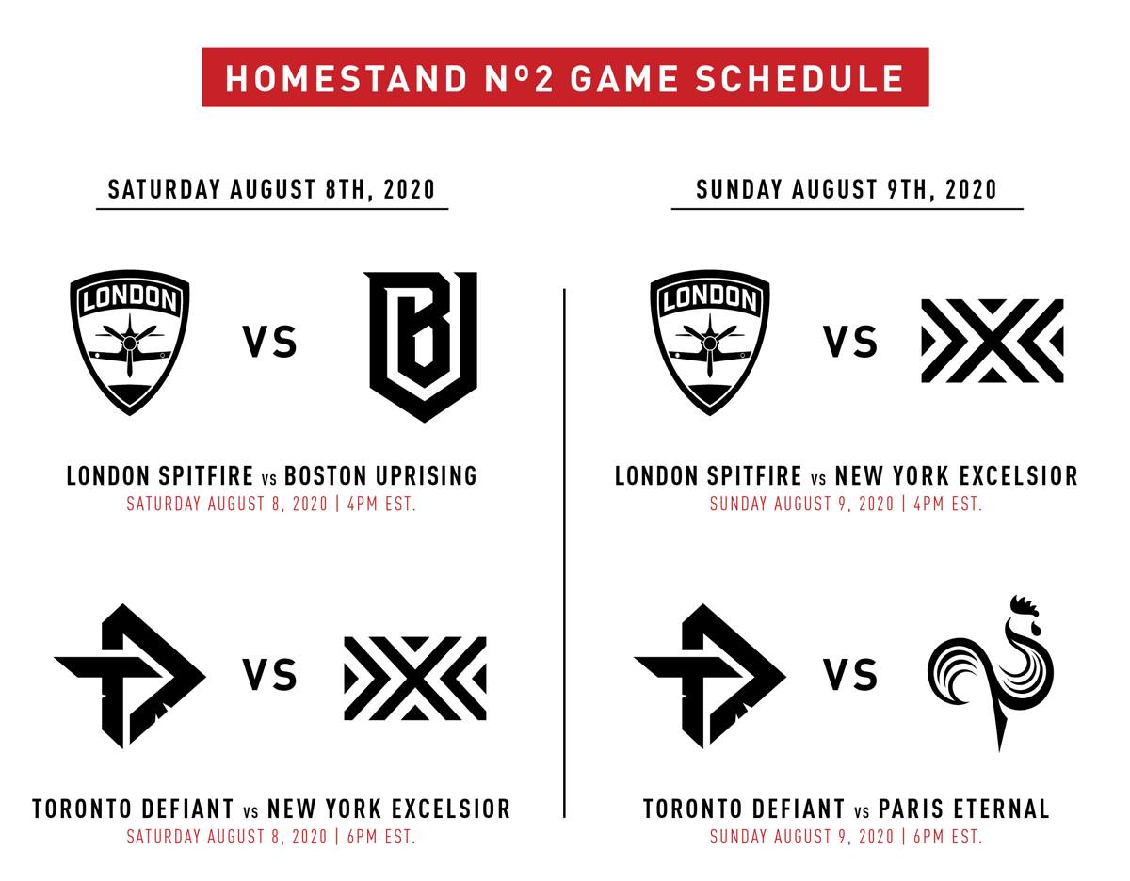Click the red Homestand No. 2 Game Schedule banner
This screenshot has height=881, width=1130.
click(565, 77)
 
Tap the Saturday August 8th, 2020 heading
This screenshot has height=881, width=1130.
click(271, 189)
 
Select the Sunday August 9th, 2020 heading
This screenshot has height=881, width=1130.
click(847, 189)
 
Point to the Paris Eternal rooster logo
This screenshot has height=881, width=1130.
click(990, 674)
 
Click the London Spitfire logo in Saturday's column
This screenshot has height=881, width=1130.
click(130, 343)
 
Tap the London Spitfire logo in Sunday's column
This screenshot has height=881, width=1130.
click(709, 343)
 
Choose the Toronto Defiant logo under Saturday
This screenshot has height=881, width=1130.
click(130, 676)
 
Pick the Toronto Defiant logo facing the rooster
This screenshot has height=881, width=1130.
click(710, 676)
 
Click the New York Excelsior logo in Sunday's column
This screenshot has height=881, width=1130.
click(993, 341)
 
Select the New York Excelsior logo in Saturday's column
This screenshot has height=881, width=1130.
click(415, 679)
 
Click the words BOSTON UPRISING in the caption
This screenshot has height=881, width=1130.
click(380, 476)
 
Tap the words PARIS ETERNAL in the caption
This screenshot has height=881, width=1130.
click(963, 809)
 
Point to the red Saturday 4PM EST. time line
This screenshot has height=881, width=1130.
click(271, 505)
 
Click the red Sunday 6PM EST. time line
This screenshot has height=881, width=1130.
click(846, 838)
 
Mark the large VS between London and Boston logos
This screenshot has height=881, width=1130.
click(270, 342)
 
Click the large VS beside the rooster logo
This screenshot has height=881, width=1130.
click(849, 675)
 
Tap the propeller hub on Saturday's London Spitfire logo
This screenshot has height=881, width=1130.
click(130, 343)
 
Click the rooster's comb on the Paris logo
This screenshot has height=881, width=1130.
click(1024, 606)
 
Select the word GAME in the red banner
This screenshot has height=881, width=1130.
click(624, 79)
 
